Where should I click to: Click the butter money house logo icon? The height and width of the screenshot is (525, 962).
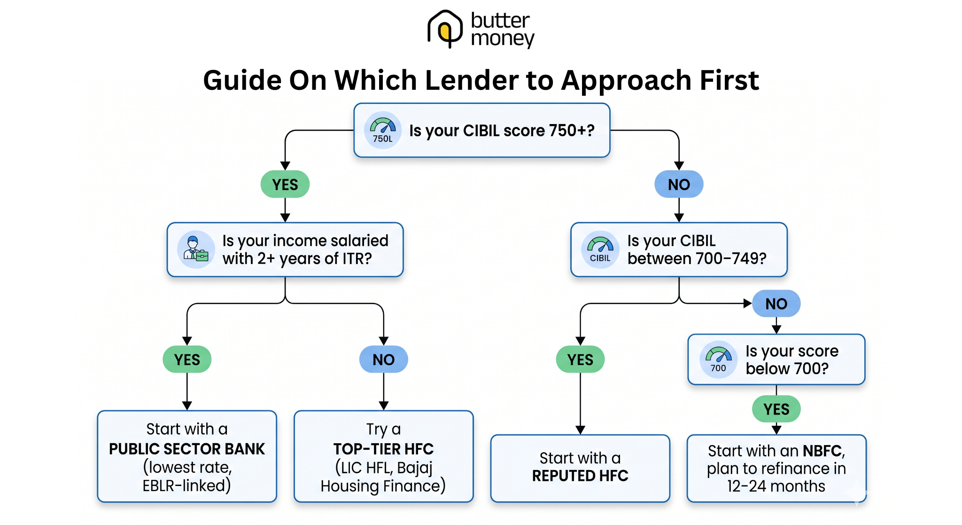coord(444,29)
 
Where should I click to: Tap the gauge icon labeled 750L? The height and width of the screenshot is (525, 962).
coord(382,130)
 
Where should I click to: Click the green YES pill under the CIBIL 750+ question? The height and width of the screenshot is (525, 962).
coord(285,184)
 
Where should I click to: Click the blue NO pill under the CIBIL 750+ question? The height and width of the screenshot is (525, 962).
coord(678,184)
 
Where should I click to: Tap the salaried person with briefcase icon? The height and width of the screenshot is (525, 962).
coord(196,250)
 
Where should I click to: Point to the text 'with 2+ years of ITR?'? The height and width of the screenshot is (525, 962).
coord(297,259)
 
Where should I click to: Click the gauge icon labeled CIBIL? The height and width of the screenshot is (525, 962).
coord(600,250)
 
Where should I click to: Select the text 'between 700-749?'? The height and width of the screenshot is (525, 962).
coord(697,259)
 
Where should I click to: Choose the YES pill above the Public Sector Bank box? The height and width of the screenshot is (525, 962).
coord(187,360)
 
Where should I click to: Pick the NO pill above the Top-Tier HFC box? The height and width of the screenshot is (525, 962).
coord(383,360)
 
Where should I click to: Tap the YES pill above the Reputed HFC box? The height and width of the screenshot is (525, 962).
coord(580,360)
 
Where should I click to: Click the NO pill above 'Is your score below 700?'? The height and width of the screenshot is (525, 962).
coord(776,304)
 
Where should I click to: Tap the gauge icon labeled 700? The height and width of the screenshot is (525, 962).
coord(718,360)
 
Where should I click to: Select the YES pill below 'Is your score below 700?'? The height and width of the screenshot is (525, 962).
coord(776,409)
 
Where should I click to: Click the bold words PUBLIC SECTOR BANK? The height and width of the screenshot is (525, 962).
coord(187,449)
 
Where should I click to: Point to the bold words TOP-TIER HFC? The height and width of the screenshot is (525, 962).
coord(383,449)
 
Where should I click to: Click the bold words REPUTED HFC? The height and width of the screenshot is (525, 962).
coord(580,476)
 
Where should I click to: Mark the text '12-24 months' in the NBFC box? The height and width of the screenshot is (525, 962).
coord(776,486)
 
